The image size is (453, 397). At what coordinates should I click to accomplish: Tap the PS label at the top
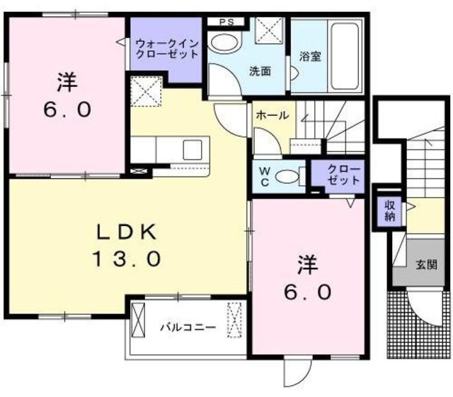(x=226, y=21)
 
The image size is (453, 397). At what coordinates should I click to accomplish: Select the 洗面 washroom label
(x=259, y=71)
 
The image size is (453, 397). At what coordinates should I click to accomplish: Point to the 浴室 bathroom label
(x=309, y=57)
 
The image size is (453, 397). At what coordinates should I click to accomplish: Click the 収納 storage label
(x=390, y=210)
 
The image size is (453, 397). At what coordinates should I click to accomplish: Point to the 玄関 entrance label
(x=425, y=266)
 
